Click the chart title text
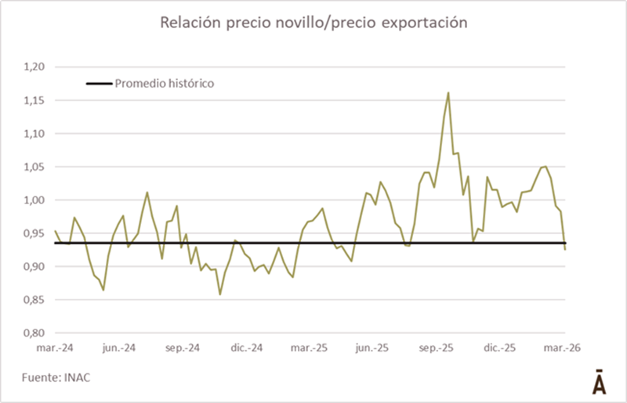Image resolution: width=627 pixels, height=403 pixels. pyautogui.click(x=313, y=23)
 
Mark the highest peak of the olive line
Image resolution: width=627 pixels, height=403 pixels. pyautogui.click(x=448, y=92)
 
